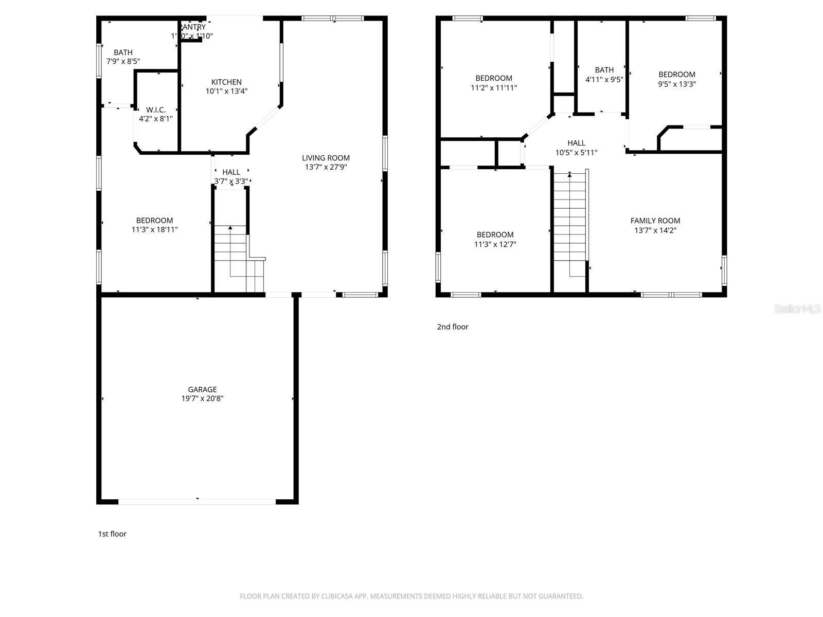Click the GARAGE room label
point(202,389)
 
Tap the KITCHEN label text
point(226,82)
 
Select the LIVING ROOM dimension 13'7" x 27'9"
point(326,167)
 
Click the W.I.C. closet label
point(155,110)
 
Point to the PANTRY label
point(192,27)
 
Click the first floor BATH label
point(123,52)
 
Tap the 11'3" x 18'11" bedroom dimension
point(154,230)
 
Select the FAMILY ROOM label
point(655,221)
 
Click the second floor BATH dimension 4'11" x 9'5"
point(604,80)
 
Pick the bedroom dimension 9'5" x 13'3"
point(676,84)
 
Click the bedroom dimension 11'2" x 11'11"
point(493,88)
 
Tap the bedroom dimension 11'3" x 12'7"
point(495,244)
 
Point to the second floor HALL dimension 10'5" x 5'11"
point(576,153)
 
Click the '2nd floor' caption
point(453,326)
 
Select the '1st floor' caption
point(112,534)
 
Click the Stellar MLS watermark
point(797,308)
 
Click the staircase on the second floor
point(569,221)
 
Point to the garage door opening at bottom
point(198,501)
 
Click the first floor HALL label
point(231,172)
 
